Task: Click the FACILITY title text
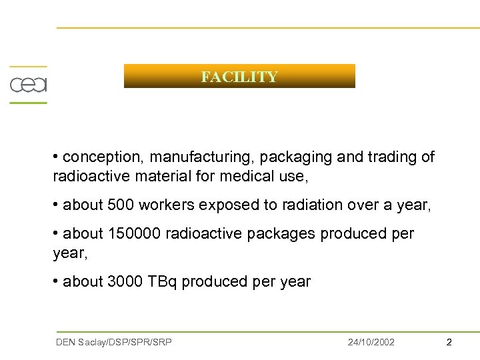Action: [x=239, y=77]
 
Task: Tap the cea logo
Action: [x=28, y=85]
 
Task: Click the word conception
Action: [x=103, y=157]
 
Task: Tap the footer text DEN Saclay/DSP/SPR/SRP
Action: [x=113, y=342]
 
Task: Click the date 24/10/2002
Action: [x=371, y=342]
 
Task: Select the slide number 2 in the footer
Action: [x=449, y=342]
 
